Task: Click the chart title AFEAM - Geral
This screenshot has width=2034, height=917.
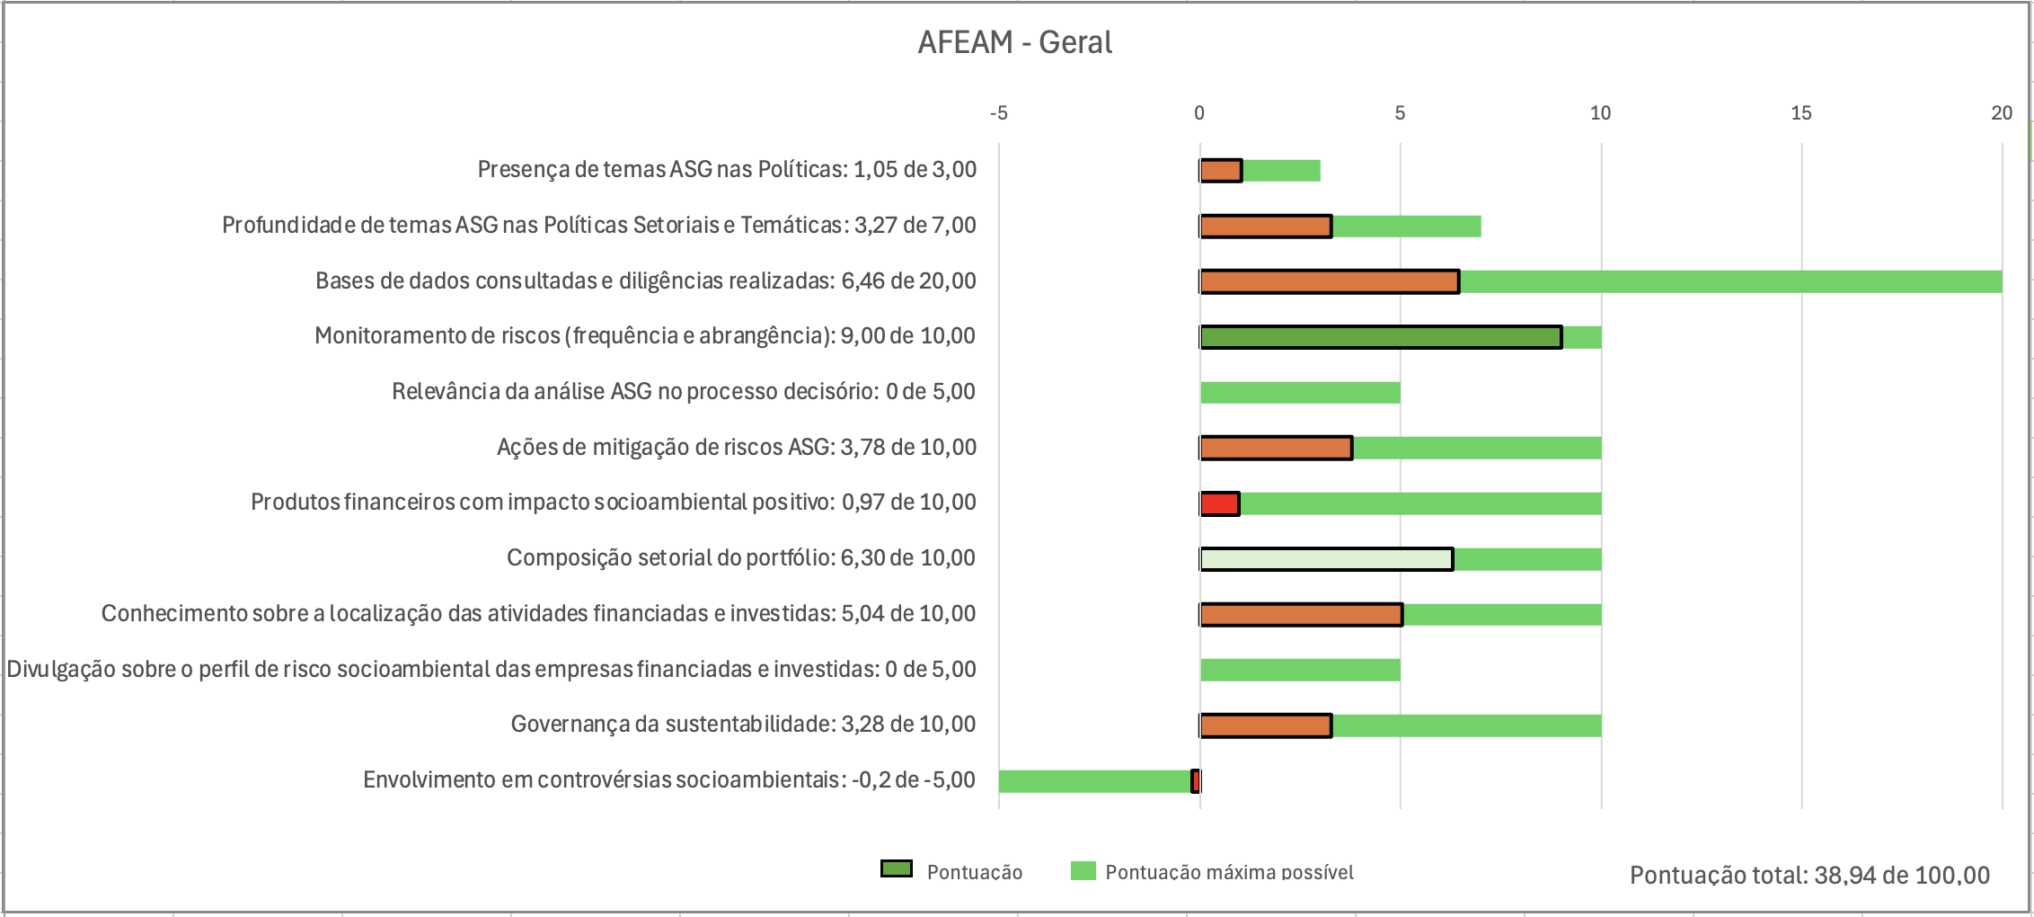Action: click(1014, 42)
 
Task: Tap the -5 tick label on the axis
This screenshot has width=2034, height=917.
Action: click(998, 113)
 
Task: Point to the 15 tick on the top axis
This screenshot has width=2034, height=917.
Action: click(1800, 113)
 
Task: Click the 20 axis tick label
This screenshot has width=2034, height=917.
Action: click(2001, 113)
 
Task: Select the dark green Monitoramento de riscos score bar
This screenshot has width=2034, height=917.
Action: click(1380, 337)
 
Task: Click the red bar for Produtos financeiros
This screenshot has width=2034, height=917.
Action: click(1219, 503)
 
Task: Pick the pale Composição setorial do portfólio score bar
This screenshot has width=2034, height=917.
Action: click(1326, 559)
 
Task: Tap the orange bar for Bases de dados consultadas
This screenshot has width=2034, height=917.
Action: click(1329, 281)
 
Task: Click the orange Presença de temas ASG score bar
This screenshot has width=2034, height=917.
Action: click(1220, 171)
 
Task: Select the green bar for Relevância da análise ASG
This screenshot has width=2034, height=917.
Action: click(1300, 393)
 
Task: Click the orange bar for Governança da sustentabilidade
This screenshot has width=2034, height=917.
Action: click(1265, 726)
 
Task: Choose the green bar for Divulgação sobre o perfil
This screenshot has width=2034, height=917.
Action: click(1300, 670)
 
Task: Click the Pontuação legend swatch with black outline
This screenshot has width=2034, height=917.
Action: click(896, 869)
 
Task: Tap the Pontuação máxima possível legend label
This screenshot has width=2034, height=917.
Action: click(1229, 872)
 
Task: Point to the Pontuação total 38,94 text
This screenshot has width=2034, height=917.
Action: click(1809, 875)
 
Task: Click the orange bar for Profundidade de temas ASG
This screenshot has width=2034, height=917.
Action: click(1265, 227)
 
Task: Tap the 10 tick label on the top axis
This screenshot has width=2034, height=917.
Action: click(1600, 113)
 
